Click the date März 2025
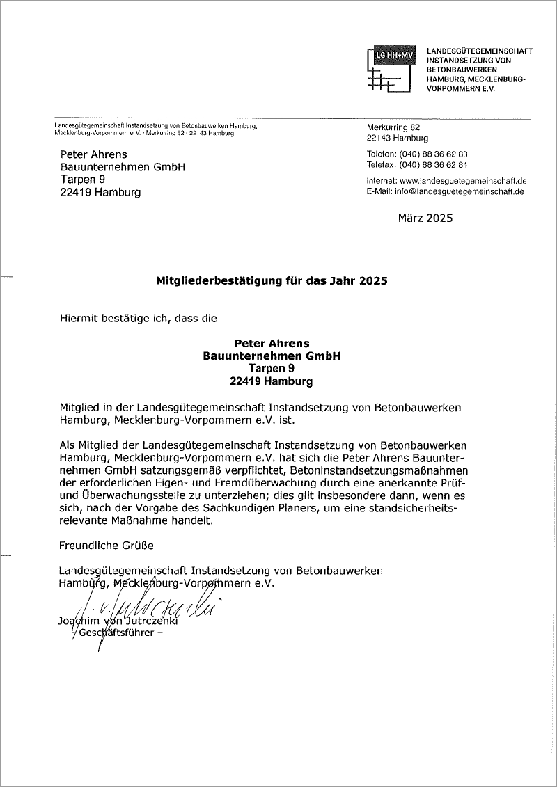[x=425, y=218]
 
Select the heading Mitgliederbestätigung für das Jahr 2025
[x=271, y=282]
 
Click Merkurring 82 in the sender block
[x=393, y=127]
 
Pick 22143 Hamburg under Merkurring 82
[x=398, y=138]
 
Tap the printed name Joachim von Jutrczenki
[x=118, y=621]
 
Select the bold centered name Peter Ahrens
[x=272, y=343]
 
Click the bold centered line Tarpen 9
[x=272, y=369]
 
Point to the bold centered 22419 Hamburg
[x=272, y=381]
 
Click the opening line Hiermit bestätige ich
[x=139, y=319]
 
